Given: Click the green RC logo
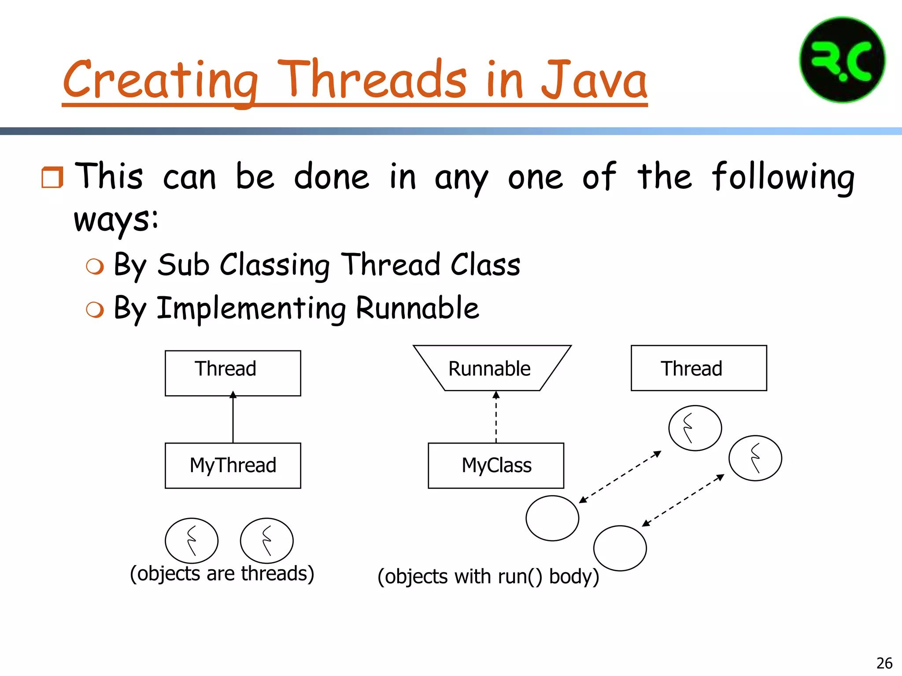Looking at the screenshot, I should [x=842, y=60].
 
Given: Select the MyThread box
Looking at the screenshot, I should [x=233, y=466].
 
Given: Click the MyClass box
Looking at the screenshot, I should [x=496, y=466].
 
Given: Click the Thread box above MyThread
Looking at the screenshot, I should [x=233, y=373].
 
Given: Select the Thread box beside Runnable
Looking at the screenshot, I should [x=699, y=368].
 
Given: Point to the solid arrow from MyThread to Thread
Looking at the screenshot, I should [x=233, y=418].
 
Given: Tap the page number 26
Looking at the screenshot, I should [x=884, y=663].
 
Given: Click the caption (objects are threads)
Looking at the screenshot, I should [x=222, y=573].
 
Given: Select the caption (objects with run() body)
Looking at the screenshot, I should [x=488, y=577].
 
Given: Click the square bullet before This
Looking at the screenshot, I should [x=52, y=177].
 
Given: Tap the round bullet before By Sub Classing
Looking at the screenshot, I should [x=95, y=266].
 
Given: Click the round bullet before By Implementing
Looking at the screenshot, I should [x=95, y=309].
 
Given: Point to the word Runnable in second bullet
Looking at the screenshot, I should [x=417, y=308].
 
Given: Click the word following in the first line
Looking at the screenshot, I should [x=783, y=177].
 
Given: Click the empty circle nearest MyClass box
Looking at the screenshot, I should [x=552, y=518].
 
